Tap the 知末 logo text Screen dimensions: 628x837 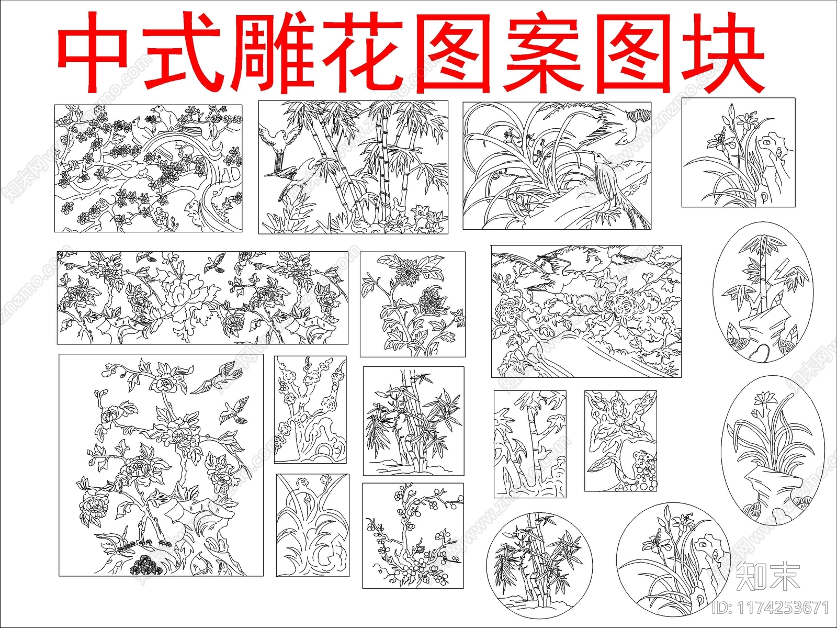(768, 577)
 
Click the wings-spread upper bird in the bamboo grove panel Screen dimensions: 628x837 (276, 138)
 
